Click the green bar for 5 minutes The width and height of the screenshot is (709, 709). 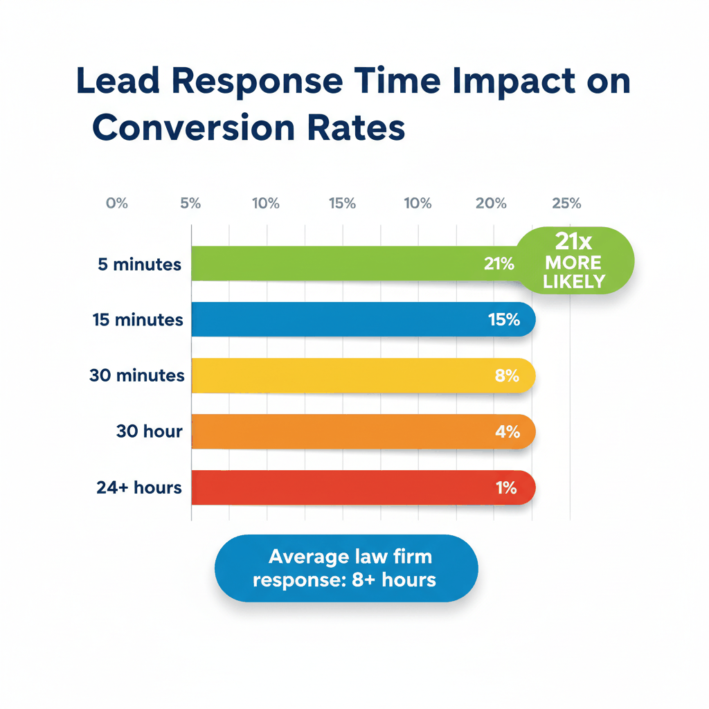click(x=332, y=264)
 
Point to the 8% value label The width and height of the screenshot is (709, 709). click(x=507, y=375)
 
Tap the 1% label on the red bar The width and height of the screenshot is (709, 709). click(x=506, y=487)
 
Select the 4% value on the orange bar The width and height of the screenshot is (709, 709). click(x=507, y=431)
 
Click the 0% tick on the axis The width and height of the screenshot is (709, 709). click(x=116, y=204)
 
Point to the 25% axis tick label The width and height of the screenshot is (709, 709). click(x=566, y=204)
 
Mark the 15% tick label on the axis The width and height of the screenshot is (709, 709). click(x=342, y=204)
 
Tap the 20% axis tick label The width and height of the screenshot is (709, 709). click(x=492, y=204)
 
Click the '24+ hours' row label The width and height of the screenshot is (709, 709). click(x=139, y=487)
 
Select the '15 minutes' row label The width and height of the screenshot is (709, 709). click(x=138, y=320)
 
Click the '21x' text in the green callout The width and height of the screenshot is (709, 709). click(x=573, y=242)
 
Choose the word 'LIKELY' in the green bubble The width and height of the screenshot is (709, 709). click(x=574, y=281)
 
